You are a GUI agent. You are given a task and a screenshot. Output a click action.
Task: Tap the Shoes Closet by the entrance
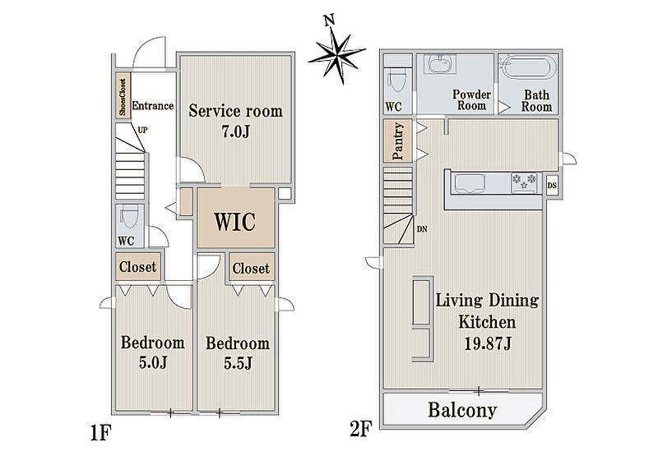[x=123, y=95]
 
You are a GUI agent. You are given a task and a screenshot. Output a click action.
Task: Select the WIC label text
[x=235, y=221]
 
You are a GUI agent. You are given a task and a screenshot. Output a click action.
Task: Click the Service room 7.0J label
[x=235, y=121]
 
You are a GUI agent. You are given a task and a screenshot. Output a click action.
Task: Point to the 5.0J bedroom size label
[x=153, y=362]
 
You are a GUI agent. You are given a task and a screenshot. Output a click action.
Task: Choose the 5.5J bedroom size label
[x=238, y=363]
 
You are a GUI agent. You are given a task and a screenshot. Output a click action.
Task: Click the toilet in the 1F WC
[x=129, y=217]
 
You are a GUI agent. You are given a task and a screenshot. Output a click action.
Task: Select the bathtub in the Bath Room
[x=527, y=67]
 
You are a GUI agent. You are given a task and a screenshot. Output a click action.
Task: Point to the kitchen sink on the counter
[x=469, y=183]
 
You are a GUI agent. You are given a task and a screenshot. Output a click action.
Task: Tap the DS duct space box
[x=552, y=186]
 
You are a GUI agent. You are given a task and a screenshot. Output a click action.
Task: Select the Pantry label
[x=397, y=140]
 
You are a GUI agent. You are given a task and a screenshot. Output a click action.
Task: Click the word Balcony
[x=462, y=410]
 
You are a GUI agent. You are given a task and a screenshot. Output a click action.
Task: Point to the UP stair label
[x=142, y=130]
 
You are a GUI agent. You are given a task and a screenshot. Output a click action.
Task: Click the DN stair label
[x=422, y=229]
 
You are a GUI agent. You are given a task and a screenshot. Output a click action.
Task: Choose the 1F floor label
[x=100, y=433]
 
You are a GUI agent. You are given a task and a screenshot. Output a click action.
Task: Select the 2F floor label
[x=361, y=429]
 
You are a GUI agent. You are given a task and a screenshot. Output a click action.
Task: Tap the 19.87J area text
[x=488, y=343]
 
